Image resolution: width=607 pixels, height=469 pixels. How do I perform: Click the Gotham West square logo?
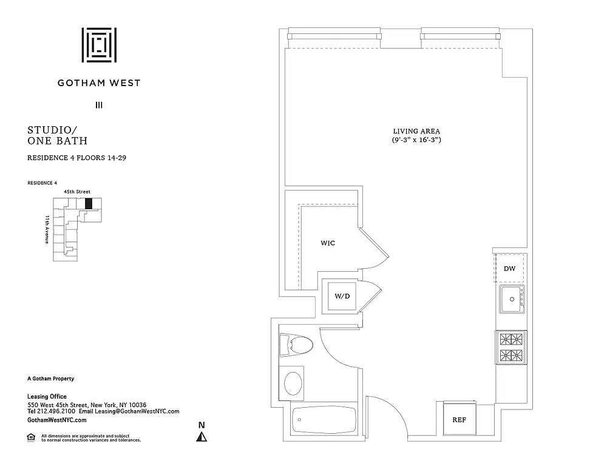coord(99,45)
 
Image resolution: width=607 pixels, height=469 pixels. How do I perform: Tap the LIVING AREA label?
coord(416,131)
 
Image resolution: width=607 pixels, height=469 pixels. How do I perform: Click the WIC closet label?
coord(328,243)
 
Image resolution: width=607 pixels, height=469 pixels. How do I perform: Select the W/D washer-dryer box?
coord(342,296)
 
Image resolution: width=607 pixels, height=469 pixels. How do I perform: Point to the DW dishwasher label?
coord(509,269)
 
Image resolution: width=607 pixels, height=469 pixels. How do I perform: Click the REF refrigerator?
coord(459,419)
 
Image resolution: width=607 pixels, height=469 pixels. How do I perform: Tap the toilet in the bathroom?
coord(296,345)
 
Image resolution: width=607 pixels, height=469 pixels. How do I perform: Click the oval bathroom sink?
coord(293,383)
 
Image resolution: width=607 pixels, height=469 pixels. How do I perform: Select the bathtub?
coord(324,420)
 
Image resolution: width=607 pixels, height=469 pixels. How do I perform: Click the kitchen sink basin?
coord(512,299)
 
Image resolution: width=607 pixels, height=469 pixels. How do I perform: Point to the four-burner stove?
coord(511,348)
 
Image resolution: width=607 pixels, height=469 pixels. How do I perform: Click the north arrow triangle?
coord(202,437)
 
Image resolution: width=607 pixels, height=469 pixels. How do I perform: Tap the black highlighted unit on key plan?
coord(89,203)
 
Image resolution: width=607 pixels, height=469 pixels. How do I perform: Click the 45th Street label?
coord(77,192)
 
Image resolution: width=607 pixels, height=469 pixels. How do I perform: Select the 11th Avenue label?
coord(47,229)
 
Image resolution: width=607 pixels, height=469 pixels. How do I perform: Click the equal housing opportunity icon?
coord(31,437)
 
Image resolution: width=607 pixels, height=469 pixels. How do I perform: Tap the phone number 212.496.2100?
coord(56,411)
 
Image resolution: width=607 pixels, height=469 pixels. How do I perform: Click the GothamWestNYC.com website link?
coord(57,420)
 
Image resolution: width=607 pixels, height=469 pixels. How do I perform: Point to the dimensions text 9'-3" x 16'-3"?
coord(416,140)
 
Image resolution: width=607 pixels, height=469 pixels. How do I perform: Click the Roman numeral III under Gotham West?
coord(99,105)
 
